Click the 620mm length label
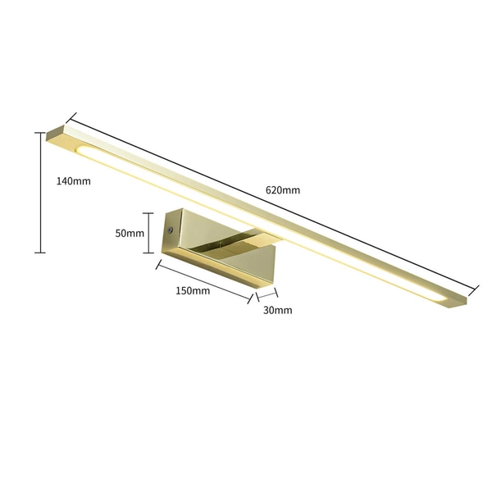tap(282, 190)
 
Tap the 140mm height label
tap(73, 181)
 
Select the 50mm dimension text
tap(130, 233)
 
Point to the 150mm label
tap(194, 290)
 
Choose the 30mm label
tap(277, 310)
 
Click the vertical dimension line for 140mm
tap(39, 191)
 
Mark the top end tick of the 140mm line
tap(39, 132)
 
